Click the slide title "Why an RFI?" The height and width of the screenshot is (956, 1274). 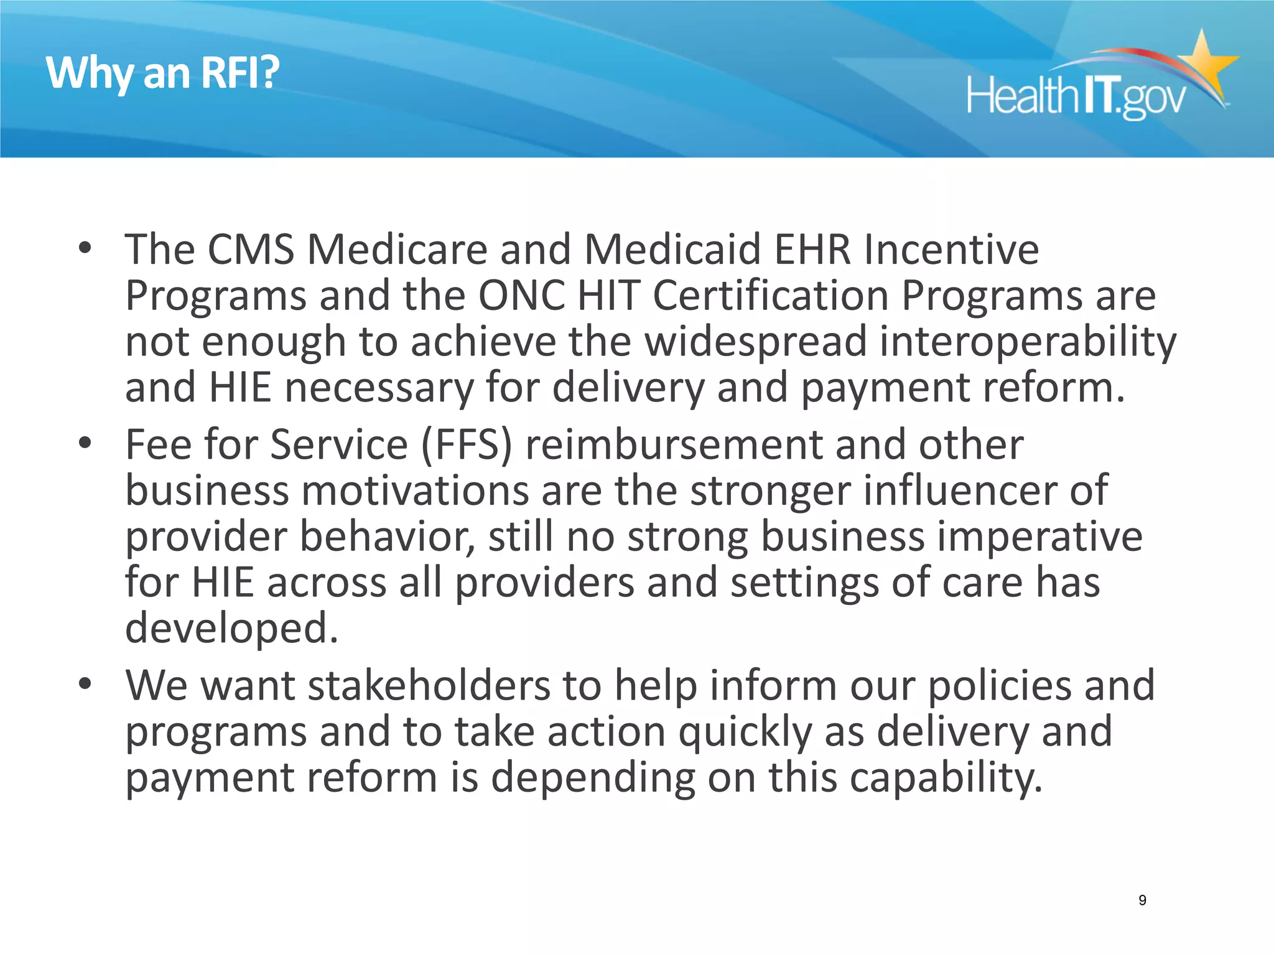point(163,73)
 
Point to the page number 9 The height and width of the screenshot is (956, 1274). point(1142,900)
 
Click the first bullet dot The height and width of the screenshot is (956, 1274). point(85,248)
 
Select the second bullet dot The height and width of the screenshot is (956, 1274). point(85,443)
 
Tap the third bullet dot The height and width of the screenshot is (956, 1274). point(85,684)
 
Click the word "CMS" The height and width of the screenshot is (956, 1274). point(251,250)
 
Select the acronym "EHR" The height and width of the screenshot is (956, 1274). point(812,250)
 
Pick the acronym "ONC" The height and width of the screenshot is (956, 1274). point(521,296)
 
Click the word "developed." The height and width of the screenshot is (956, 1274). point(231,628)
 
